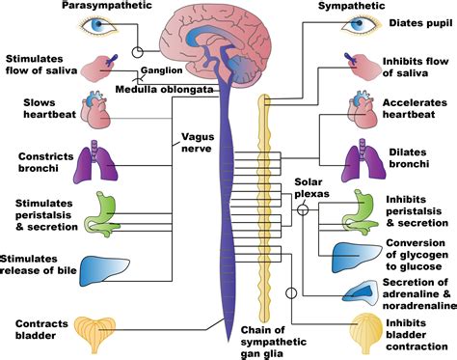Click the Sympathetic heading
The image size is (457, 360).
pos(353,7)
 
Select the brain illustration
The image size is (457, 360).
pos(228,39)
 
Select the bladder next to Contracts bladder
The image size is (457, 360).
pos(99,327)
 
